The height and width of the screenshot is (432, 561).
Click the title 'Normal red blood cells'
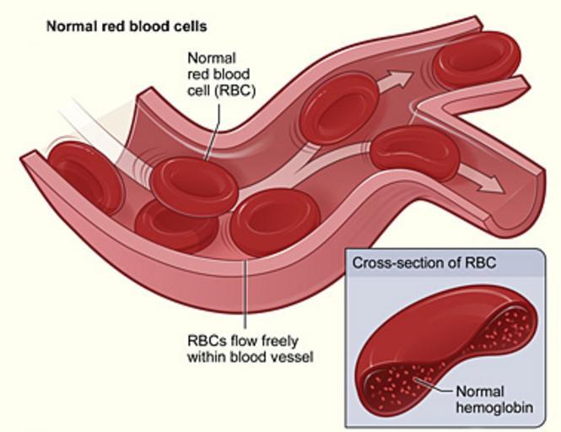tap(126, 26)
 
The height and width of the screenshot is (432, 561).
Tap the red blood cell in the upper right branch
tap(476, 57)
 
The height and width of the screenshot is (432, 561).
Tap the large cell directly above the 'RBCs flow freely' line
tap(275, 219)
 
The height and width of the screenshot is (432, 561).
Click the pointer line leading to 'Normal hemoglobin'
tap(434, 389)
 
